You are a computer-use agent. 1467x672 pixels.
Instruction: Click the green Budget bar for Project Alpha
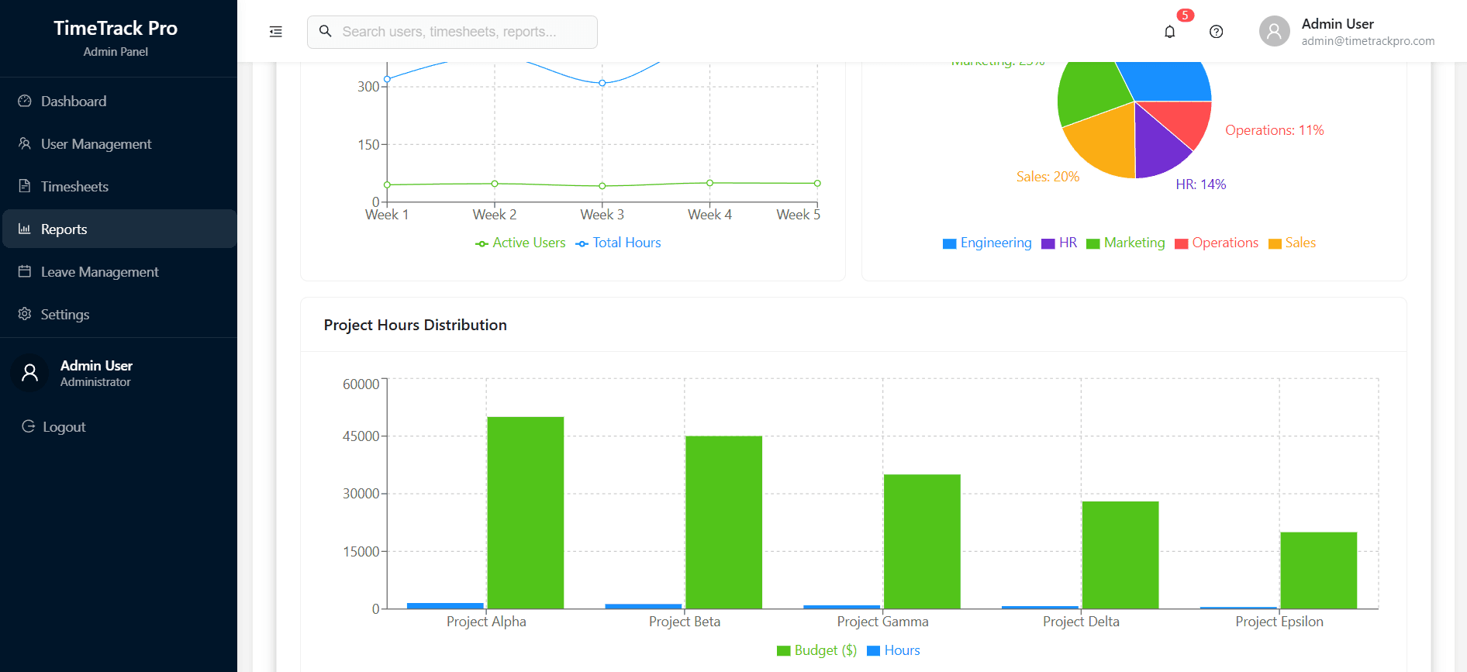click(x=525, y=512)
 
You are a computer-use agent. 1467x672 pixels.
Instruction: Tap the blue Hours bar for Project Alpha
click(x=445, y=605)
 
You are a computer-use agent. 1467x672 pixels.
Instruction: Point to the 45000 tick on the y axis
click(x=361, y=436)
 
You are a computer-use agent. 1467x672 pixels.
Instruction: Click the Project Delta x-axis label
click(x=1081, y=622)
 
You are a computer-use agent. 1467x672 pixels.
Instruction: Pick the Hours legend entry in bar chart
click(x=894, y=650)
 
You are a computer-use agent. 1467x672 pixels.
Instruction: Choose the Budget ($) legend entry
click(x=817, y=650)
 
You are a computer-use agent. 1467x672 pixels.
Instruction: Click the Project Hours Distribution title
click(x=415, y=325)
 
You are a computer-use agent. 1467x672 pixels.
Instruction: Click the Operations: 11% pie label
click(x=1274, y=130)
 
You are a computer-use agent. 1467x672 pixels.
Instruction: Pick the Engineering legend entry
click(x=987, y=243)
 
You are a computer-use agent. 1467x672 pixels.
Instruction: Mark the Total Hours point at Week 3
click(x=602, y=83)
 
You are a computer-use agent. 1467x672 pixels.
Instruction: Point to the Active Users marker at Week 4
click(x=709, y=183)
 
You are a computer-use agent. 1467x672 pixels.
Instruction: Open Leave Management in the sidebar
click(x=99, y=272)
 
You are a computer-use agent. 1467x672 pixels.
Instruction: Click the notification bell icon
click(x=1169, y=32)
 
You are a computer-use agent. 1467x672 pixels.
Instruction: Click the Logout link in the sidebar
click(x=64, y=427)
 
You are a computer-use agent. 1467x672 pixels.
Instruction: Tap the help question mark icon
click(x=1216, y=32)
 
